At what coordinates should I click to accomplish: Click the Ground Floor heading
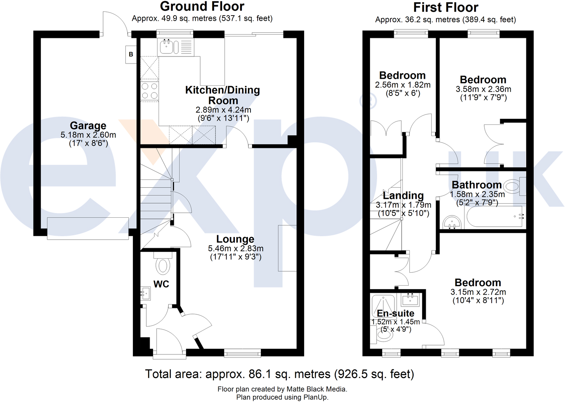202,6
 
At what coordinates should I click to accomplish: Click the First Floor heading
446,7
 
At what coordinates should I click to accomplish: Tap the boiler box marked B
131,54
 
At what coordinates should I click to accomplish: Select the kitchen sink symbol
166,47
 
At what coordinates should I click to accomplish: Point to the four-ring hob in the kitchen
150,91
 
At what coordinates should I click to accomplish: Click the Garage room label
88,126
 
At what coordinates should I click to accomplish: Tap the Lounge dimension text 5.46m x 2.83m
236,249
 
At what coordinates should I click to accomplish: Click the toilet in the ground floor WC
163,265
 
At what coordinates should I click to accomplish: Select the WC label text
161,284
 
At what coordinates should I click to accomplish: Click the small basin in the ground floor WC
145,294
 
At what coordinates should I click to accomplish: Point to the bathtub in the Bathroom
494,217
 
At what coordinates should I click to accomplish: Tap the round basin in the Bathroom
453,223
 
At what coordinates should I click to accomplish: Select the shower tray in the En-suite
383,306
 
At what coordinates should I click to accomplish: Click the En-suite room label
395,313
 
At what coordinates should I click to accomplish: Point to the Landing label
403,195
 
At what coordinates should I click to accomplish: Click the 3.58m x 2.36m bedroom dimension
483,89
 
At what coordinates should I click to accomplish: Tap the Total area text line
280,374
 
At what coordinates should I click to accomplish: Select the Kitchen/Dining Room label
223,95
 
